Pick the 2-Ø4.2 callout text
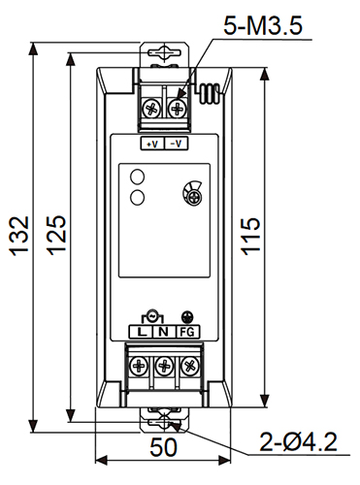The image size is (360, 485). (x=298, y=443)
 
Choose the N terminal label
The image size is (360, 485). (x=164, y=332)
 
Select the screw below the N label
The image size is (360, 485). (x=165, y=367)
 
